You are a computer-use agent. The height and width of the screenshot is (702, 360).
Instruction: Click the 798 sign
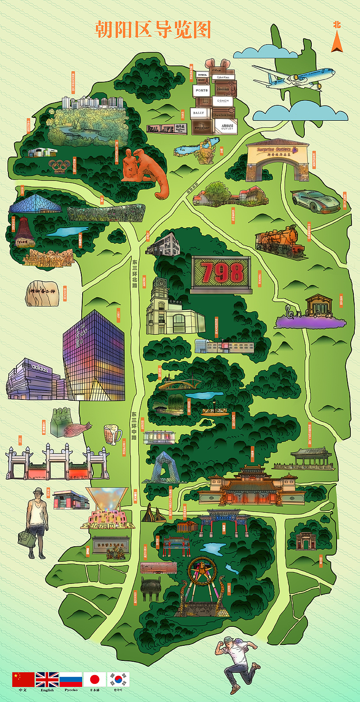pyautogui.click(x=222, y=273)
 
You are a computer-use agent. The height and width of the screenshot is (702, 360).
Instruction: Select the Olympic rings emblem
pyautogui.click(x=59, y=166)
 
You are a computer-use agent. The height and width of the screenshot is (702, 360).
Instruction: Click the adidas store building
pyautogui.click(x=33, y=379)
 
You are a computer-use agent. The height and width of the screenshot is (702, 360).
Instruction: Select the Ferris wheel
pyautogui.click(x=202, y=575)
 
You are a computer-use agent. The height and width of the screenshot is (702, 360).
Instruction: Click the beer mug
pyautogui.click(x=112, y=434)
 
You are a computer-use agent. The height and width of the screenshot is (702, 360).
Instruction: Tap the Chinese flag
pyautogui.click(x=23, y=679)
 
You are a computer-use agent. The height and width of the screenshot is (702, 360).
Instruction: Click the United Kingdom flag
pyautogui.click(x=47, y=679)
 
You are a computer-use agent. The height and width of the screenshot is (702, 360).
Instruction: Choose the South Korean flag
pyautogui.click(x=119, y=679)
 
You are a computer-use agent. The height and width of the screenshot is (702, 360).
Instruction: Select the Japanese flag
pyautogui.click(x=95, y=679)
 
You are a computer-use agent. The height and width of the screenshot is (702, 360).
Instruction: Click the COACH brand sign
pyautogui.click(x=223, y=101)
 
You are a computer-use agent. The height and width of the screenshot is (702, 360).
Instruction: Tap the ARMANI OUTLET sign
pyautogui.click(x=227, y=127)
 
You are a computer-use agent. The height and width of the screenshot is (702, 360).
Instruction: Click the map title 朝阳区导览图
pyautogui.click(x=153, y=30)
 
